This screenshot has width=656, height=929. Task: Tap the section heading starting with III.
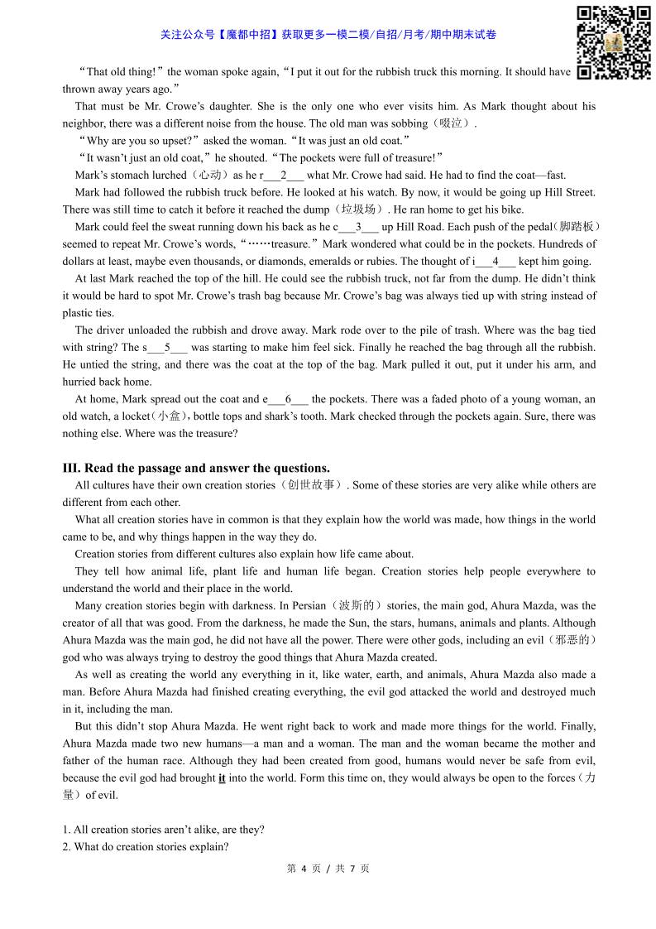(x=196, y=468)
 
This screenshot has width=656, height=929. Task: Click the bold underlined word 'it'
(x=222, y=778)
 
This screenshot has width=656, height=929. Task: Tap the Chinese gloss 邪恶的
(x=572, y=641)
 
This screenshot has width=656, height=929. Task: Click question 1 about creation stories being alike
(x=163, y=830)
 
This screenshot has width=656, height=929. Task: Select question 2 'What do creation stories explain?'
(x=146, y=847)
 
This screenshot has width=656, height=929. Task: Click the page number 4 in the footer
(x=304, y=869)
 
